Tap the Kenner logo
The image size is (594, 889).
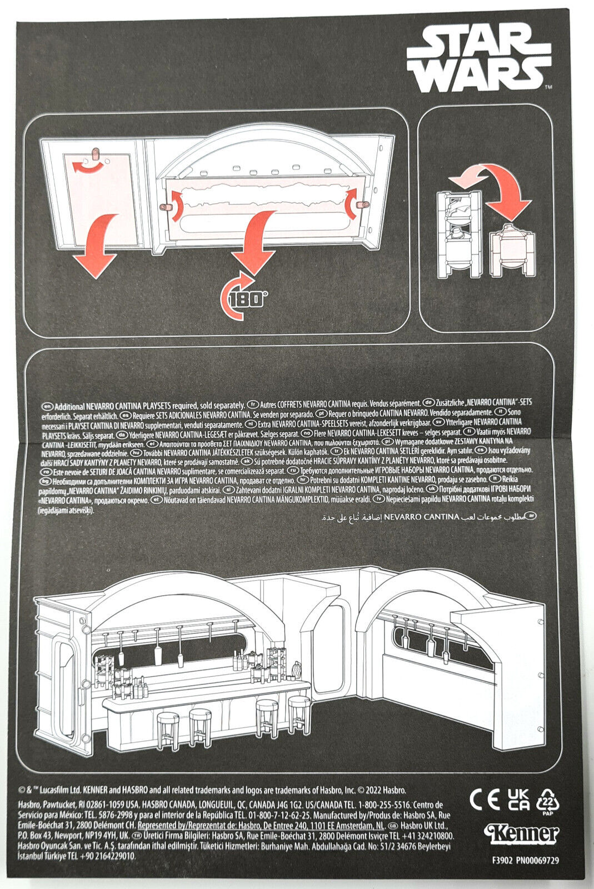click(x=521, y=833)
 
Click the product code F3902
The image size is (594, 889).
click(x=503, y=860)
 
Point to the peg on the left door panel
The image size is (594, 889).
click(x=94, y=152)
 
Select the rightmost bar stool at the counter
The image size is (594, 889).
click(x=299, y=713)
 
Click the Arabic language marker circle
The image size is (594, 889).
click(x=531, y=516)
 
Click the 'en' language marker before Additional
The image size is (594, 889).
click(x=47, y=405)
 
